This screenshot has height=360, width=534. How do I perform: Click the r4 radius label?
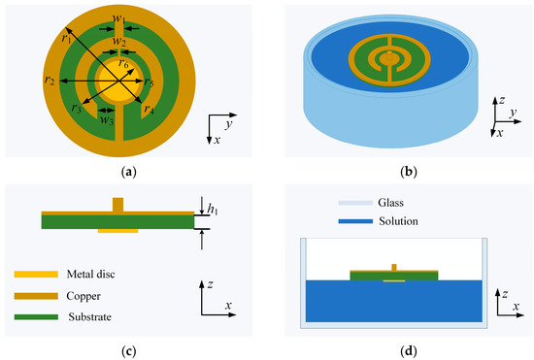pyautogui.click(x=148, y=110)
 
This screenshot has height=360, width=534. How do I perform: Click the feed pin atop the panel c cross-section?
pyautogui.click(x=118, y=204)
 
